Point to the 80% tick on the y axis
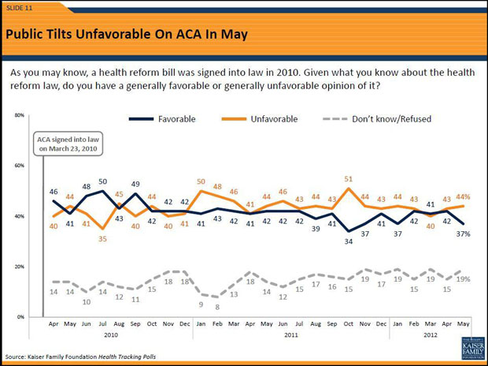pyautogui.click(x=20, y=116)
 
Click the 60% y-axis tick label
pyautogui.click(x=20, y=166)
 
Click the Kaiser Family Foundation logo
pyautogui.click(x=469, y=345)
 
